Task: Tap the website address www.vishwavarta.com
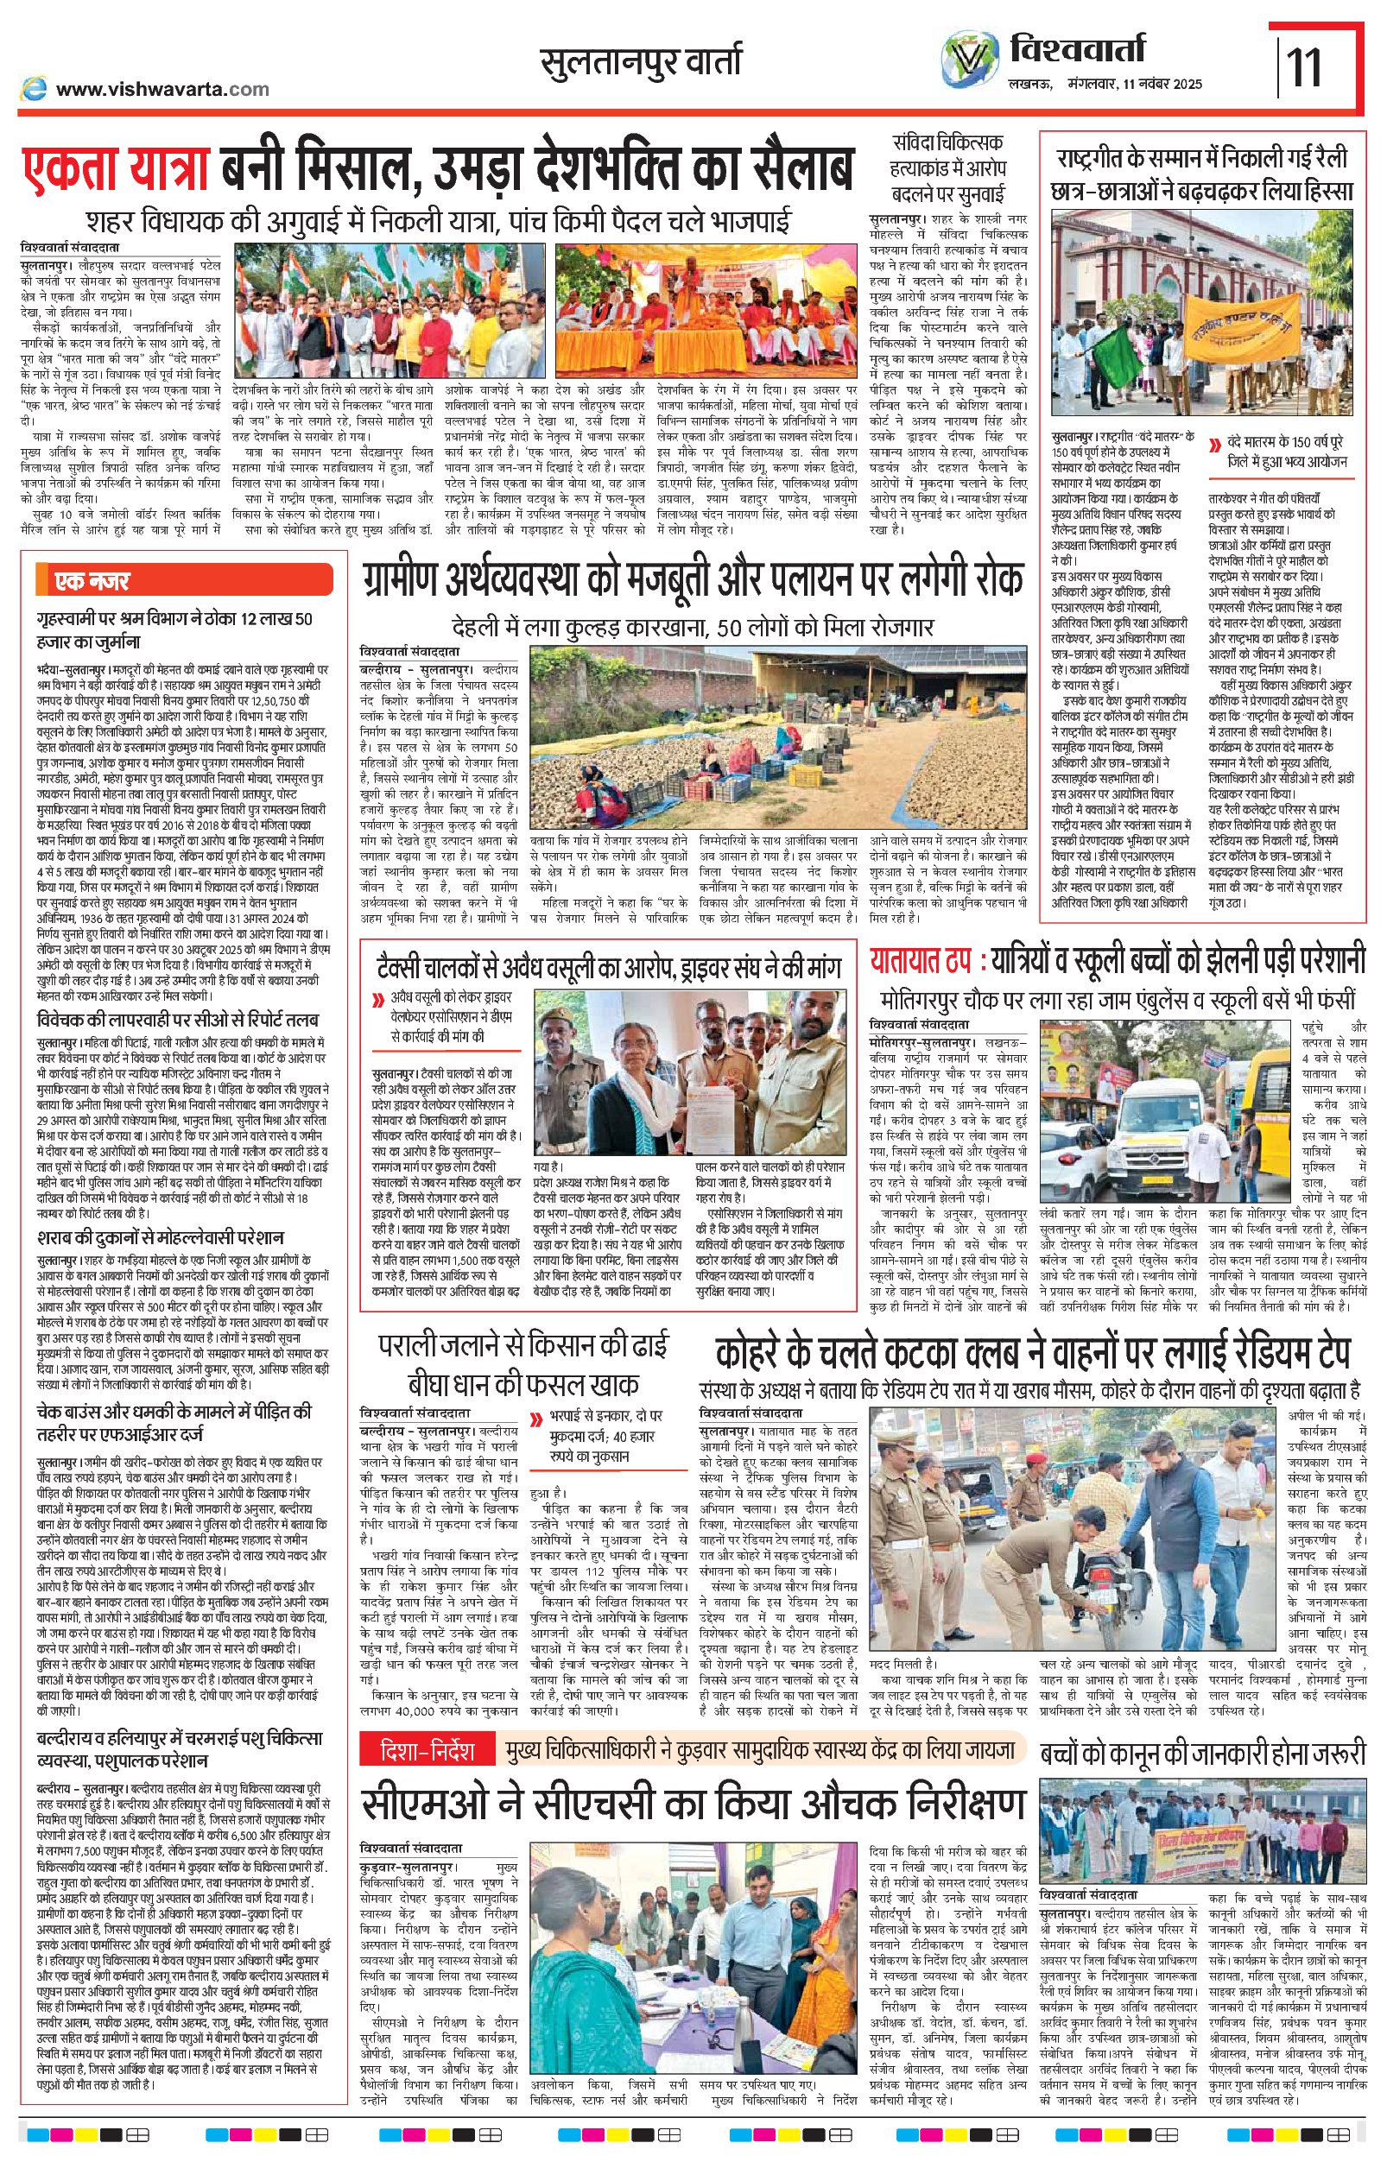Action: tap(162, 88)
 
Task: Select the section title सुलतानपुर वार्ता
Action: tap(642, 62)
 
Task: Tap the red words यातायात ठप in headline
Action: tap(921, 960)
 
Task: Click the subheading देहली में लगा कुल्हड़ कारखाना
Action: tap(693, 626)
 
